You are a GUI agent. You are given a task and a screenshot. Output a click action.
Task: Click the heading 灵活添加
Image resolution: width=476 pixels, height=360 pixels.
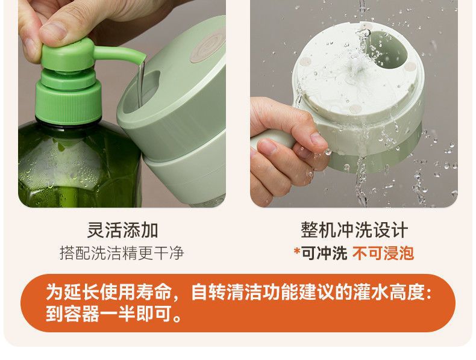tap(122, 230)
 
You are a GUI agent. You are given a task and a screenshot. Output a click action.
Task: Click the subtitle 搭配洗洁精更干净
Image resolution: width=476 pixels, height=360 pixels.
tap(122, 253)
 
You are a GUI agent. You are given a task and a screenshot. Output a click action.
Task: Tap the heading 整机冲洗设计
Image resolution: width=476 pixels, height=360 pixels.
tap(354, 230)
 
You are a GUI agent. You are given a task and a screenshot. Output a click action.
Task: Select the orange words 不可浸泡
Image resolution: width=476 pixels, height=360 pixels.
tap(383, 253)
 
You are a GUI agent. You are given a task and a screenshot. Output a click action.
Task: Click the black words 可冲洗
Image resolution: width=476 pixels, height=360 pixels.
tap(324, 253)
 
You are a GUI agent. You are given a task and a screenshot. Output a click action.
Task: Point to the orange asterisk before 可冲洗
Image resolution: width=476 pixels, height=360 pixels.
tap(297, 251)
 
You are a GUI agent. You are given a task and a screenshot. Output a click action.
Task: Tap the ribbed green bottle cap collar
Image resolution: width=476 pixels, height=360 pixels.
tap(68, 102)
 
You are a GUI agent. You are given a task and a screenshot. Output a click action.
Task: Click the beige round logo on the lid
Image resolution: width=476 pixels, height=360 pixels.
tap(208, 46)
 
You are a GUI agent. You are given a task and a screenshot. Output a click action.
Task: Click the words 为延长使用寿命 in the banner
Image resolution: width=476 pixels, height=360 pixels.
tap(108, 292)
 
